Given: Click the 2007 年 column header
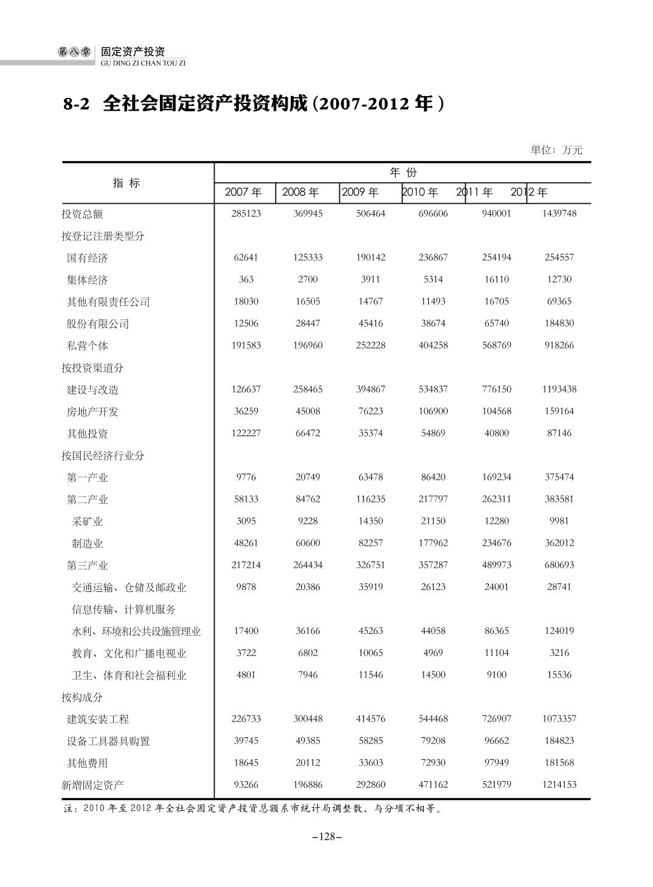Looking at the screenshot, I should point(243,192).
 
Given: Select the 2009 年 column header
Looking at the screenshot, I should point(360,192).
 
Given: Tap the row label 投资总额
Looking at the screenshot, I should point(82,214).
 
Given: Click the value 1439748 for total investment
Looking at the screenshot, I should point(559,214).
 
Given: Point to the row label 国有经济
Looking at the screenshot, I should point(88,258).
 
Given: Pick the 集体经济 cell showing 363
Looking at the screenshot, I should point(246,279).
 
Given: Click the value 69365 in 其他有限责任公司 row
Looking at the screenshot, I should point(559,301).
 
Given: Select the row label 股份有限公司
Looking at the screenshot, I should point(98,324).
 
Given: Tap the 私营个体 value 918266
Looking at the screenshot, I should point(559,345).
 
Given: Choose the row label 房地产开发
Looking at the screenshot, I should point(92,412).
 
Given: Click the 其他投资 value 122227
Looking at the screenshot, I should point(246,433).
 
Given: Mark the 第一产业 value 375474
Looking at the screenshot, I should point(559,477).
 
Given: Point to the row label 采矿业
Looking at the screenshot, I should point(88,521).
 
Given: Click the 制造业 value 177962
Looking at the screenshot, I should point(433,543).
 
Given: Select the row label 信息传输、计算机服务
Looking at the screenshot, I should point(124,609).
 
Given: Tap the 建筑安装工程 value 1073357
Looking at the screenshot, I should point(559,718).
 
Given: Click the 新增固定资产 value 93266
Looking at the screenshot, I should point(246,784).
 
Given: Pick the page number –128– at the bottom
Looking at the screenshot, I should point(326,837).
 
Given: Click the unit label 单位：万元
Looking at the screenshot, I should point(556,150).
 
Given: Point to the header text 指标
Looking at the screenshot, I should point(126,183).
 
